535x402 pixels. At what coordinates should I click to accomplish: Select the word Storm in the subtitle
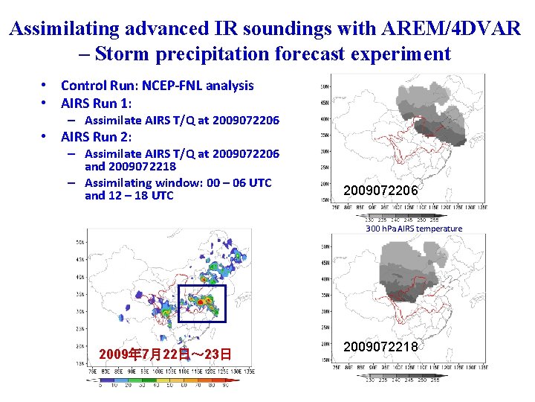point(123,54)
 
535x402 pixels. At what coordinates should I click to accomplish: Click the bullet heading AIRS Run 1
point(95,103)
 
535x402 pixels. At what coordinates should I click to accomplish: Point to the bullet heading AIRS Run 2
point(95,136)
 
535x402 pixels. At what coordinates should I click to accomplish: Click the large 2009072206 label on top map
point(380,191)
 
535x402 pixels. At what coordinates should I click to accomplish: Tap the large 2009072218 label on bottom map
point(380,346)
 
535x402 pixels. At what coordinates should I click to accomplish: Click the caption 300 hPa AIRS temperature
point(413,229)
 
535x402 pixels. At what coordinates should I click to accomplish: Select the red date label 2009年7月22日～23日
point(164,354)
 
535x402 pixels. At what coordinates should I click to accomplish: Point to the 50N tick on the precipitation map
point(80,242)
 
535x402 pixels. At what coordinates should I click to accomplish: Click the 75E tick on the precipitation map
point(91,370)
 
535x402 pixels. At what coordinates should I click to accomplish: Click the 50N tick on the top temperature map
point(325,86)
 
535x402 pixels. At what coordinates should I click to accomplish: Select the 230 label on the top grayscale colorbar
point(369,220)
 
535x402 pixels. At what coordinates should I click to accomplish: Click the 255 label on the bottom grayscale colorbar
point(434,379)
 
